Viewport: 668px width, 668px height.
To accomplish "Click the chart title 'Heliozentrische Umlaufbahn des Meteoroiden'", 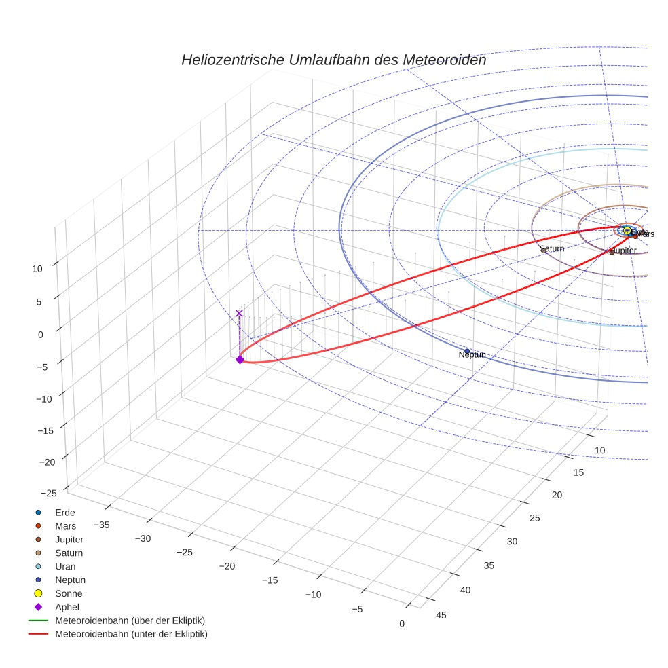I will tap(333, 60).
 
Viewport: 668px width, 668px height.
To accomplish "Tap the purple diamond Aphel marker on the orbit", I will tap(240, 360).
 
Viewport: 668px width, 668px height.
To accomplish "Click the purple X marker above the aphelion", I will tap(239, 313).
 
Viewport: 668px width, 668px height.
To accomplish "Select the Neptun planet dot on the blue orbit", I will tap(467, 351).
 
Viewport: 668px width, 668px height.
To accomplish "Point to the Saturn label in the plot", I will tap(552, 249).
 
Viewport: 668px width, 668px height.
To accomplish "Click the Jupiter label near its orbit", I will tap(624, 251).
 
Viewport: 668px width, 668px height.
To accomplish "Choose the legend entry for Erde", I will tap(64, 512).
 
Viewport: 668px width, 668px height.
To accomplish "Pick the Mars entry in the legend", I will tap(66, 525).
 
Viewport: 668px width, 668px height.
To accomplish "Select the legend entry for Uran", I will tap(65, 566).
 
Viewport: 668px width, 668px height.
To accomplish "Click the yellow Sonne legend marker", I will tap(39, 593).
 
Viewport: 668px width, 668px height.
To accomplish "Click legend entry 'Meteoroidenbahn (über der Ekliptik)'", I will tap(130, 620).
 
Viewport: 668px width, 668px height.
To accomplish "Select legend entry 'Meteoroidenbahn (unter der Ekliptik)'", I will tap(131, 634).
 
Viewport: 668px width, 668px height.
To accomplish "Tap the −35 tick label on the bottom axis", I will tap(101, 524).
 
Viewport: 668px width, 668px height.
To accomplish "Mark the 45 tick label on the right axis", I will tap(441, 615).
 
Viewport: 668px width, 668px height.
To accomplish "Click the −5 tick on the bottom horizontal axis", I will tap(357, 609).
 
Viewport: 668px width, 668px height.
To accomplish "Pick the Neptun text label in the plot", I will tap(472, 355).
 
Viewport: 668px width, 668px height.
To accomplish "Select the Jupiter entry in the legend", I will tap(69, 539).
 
